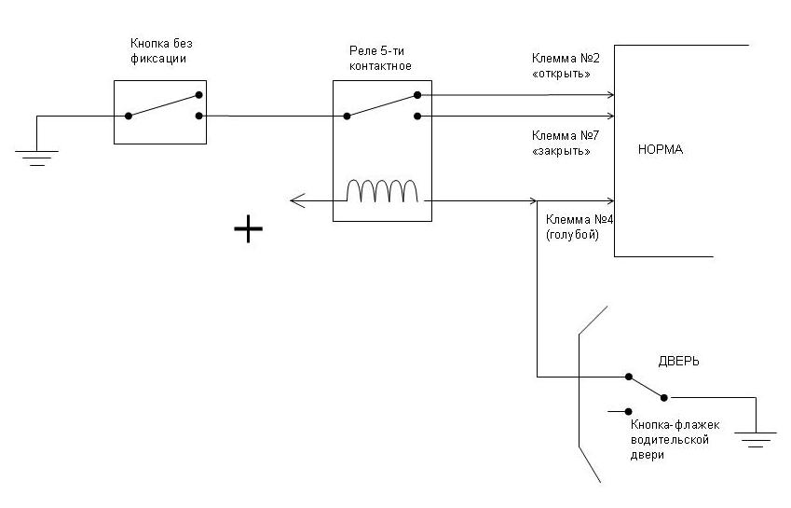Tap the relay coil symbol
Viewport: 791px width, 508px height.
tap(382, 190)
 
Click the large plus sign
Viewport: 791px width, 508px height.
tap(248, 228)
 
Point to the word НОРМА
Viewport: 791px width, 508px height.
tap(661, 149)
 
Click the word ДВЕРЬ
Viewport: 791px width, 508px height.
tap(678, 361)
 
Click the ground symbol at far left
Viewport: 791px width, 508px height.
tap(37, 157)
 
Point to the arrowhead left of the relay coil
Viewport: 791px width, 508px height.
tap(293, 199)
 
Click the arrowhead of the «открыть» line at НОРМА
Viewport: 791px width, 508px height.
tap(611, 94)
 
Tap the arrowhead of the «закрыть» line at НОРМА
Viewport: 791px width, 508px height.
tap(611, 117)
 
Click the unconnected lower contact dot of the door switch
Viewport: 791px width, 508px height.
tap(630, 411)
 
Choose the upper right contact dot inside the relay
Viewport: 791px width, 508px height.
tap(416, 94)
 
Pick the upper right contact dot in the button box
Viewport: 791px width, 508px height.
tap(199, 94)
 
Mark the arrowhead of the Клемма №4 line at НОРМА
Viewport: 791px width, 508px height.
tap(611, 199)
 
